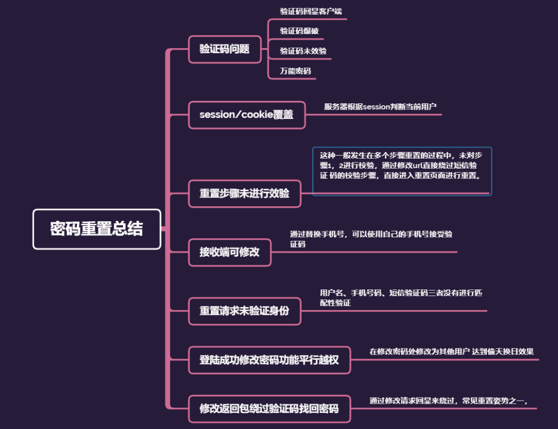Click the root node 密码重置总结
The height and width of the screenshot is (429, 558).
(x=97, y=229)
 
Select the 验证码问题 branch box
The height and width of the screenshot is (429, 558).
(x=225, y=49)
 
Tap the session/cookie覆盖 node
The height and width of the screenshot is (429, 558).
(x=246, y=115)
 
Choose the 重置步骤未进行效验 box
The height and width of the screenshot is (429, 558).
(x=244, y=194)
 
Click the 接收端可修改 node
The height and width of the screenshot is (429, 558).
(x=229, y=252)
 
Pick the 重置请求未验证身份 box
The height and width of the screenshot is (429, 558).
(x=244, y=311)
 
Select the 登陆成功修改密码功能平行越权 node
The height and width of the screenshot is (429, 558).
(x=269, y=360)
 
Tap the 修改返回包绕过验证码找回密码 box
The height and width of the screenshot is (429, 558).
(x=269, y=409)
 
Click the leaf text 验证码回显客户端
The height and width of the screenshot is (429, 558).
(x=311, y=11)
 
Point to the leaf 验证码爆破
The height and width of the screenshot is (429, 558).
(x=299, y=31)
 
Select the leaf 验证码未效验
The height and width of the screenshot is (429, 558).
(x=303, y=51)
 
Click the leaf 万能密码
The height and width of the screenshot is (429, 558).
(x=295, y=71)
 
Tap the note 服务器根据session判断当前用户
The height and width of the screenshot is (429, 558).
(x=380, y=106)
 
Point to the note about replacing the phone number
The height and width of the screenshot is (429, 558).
(x=370, y=239)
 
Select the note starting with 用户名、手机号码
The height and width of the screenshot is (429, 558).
(x=401, y=298)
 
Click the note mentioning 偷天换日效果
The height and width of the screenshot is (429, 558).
(x=451, y=351)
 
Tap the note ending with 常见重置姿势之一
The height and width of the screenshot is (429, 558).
(x=448, y=401)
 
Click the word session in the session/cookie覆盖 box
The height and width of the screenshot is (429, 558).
(x=217, y=115)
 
